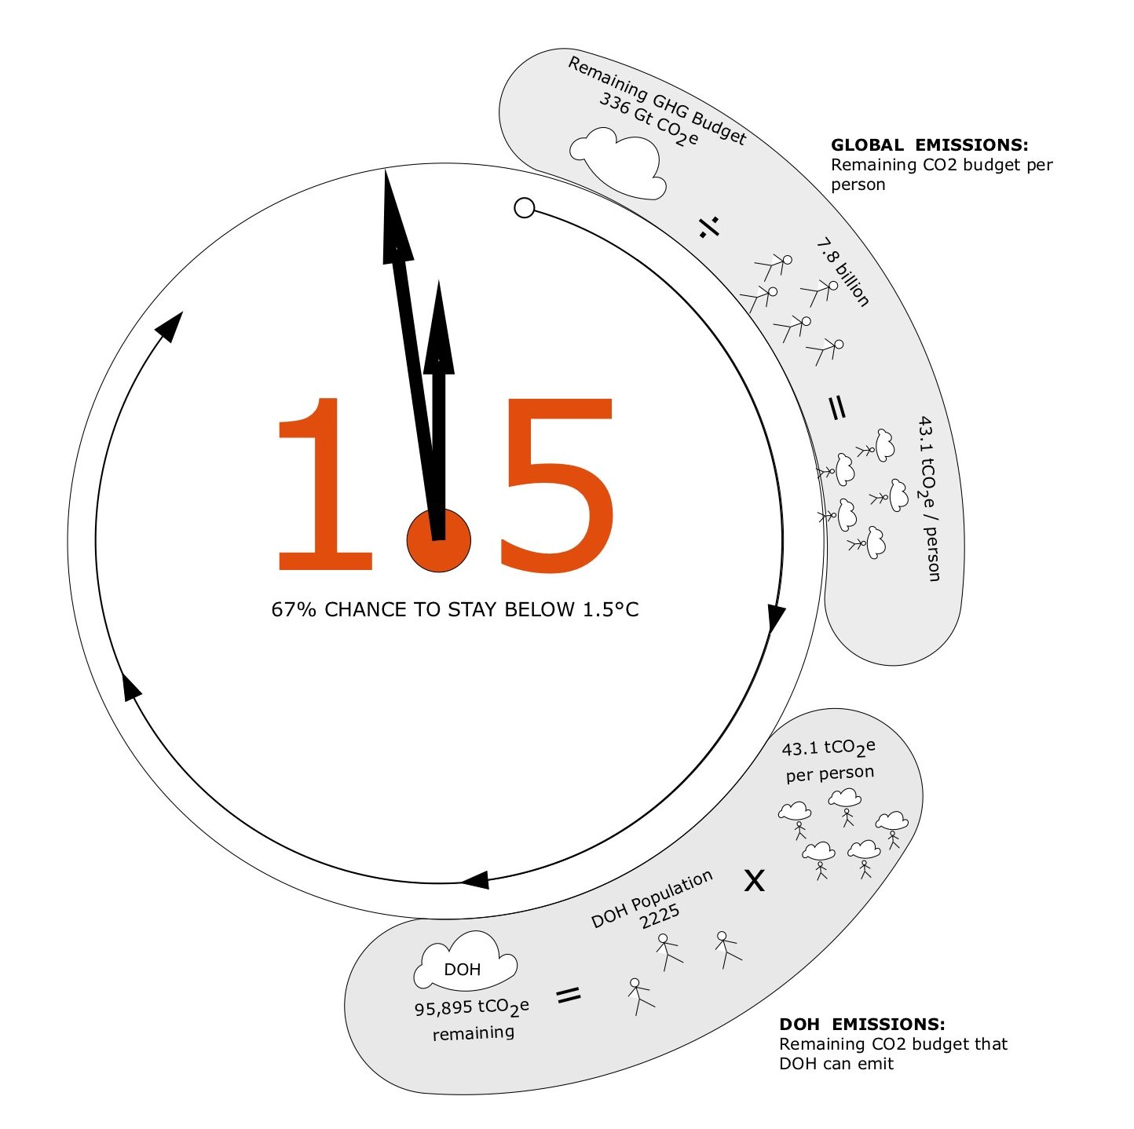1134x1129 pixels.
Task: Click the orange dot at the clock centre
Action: tap(438, 540)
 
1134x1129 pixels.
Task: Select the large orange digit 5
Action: tap(557, 485)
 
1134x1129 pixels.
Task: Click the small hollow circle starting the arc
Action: tap(524, 208)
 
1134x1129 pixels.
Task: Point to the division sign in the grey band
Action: tap(708, 227)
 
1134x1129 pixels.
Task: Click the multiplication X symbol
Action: tap(754, 880)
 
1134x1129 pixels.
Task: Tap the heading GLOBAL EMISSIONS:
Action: tap(929, 144)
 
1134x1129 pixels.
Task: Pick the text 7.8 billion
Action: tap(843, 272)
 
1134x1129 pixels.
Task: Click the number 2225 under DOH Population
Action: tap(660, 916)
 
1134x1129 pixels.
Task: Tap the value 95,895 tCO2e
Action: tap(472, 1008)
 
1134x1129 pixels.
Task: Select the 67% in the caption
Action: tap(294, 609)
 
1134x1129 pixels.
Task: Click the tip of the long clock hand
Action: tap(386, 169)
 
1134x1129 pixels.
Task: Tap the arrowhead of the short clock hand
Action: tap(439, 327)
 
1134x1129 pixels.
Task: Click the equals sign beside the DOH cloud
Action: tap(569, 995)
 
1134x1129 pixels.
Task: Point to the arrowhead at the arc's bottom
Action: tap(474, 880)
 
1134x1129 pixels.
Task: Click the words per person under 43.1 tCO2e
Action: tap(830, 774)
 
